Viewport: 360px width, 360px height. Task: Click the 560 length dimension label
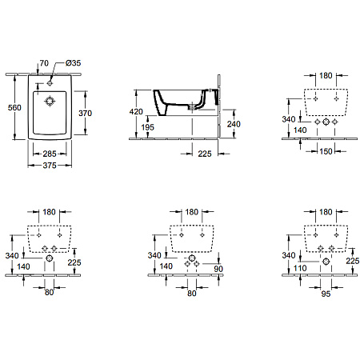pyautogui.click(x=14, y=107)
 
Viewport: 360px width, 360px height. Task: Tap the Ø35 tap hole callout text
pyautogui.click(x=73, y=63)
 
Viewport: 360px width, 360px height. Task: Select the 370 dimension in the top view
pyautogui.click(x=85, y=113)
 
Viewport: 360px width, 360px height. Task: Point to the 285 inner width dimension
pyautogui.click(x=50, y=154)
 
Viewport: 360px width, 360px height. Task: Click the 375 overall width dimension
pyautogui.click(x=50, y=166)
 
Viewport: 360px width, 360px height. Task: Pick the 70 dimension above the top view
pyautogui.click(x=44, y=63)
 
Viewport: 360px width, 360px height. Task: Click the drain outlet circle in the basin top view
pyautogui.click(x=50, y=102)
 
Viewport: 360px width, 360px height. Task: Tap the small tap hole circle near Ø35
pyautogui.click(x=50, y=83)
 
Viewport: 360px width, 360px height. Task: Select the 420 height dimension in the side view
pyautogui.click(x=136, y=111)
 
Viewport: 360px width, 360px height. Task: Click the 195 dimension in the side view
pyautogui.click(x=148, y=127)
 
